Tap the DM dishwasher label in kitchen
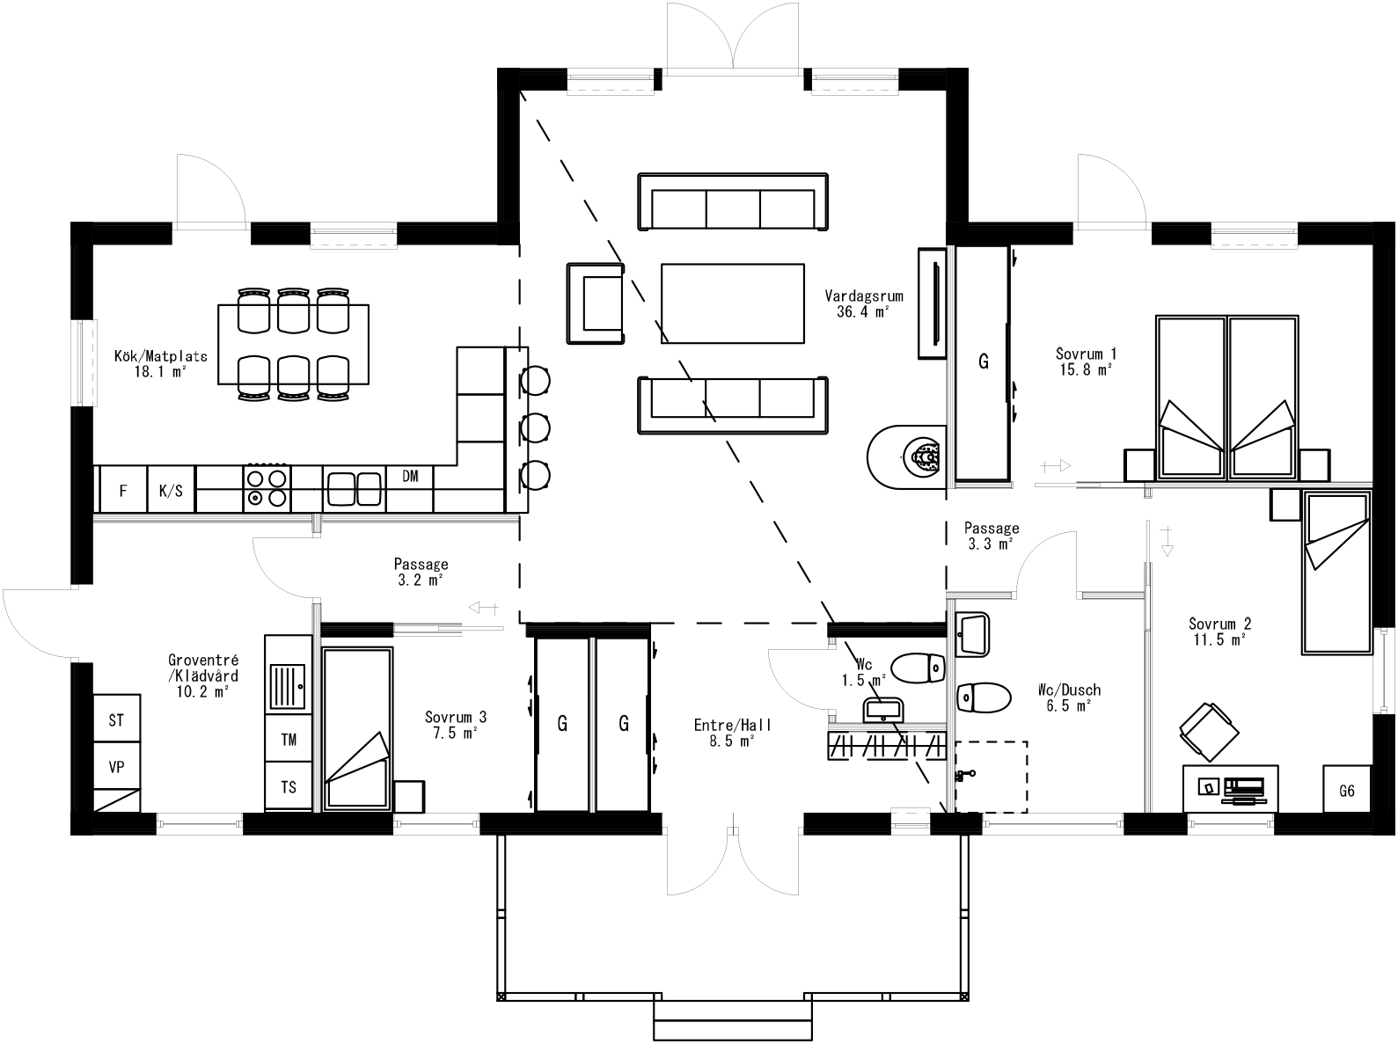click(410, 477)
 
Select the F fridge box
click(122, 491)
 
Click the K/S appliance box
click(171, 491)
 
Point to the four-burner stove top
click(267, 488)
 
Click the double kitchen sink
click(355, 489)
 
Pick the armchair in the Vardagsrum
click(597, 303)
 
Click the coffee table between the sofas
click(732, 303)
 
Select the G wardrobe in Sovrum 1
click(983, 362)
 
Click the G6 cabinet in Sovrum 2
click(1347, 791)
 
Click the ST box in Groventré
click(116, 721)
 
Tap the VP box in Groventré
click(116, 767)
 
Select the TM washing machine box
click(289, 740)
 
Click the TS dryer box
click(289, 787)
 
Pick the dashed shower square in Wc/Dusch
click(992, 777)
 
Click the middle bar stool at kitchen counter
click(535, 427)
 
